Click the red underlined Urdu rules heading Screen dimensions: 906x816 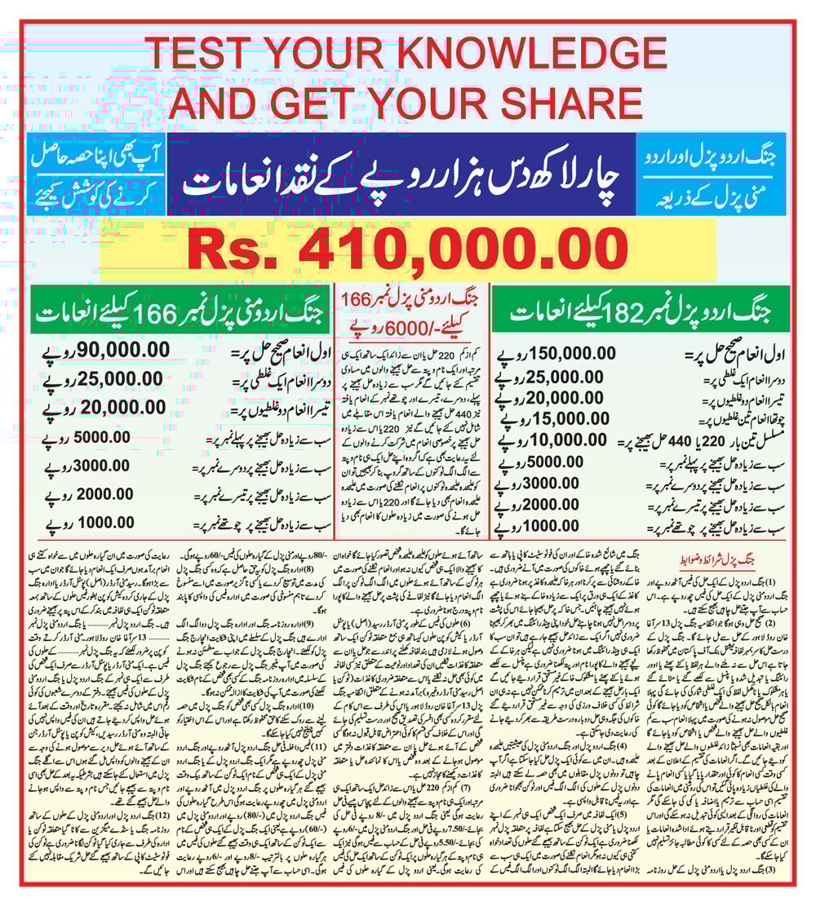[x=724, y=560]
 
